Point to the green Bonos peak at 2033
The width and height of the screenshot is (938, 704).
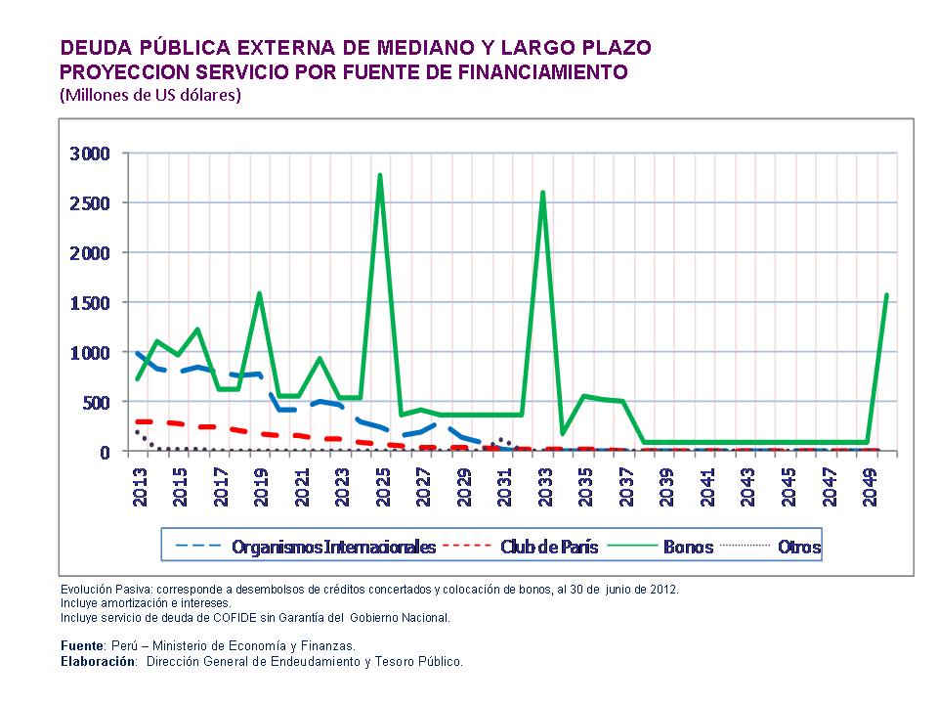(542, 193)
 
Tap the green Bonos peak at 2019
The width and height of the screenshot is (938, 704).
(259, 293)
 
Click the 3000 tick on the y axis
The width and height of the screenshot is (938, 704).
(90, 154)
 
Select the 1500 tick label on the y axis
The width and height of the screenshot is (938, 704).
(90, 303)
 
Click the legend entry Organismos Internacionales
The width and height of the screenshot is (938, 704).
(333, 547)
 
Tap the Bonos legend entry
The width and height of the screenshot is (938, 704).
(688, 547)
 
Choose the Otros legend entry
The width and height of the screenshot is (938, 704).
(798, 547)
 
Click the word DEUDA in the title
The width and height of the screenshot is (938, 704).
(93, 48)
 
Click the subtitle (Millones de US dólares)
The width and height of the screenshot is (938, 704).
(149, 95)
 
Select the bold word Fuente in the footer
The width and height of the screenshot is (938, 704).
(82, 646)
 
